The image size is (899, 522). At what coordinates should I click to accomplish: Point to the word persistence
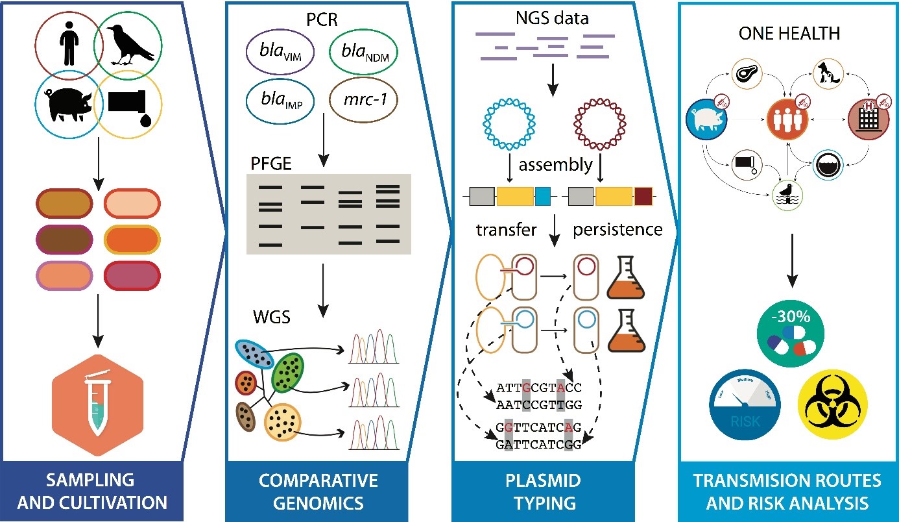[617, 229]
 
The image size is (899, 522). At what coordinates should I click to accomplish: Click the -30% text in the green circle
[791, 319]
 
